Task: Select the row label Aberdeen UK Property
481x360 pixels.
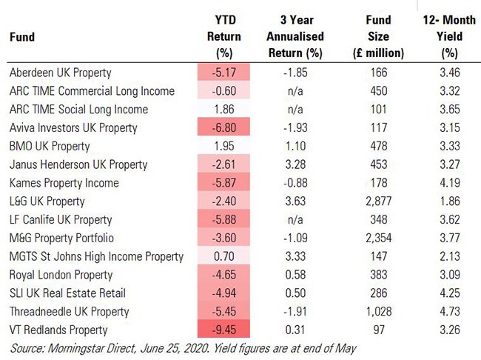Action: coord(61,73)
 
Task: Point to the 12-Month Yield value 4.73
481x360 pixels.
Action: coord(449,312)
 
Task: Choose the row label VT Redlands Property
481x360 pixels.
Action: coord(58,330)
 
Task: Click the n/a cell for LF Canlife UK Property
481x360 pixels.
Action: coord(300,220)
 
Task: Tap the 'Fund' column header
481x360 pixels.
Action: coord(23,36)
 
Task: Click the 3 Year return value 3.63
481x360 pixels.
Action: coord(300,201)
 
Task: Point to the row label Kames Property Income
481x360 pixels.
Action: coord(64,183)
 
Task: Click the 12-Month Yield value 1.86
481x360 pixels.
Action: coord(449,201)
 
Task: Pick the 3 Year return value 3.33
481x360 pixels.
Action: coord(300,257)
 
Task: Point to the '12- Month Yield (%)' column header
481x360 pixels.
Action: coord(449,35)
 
